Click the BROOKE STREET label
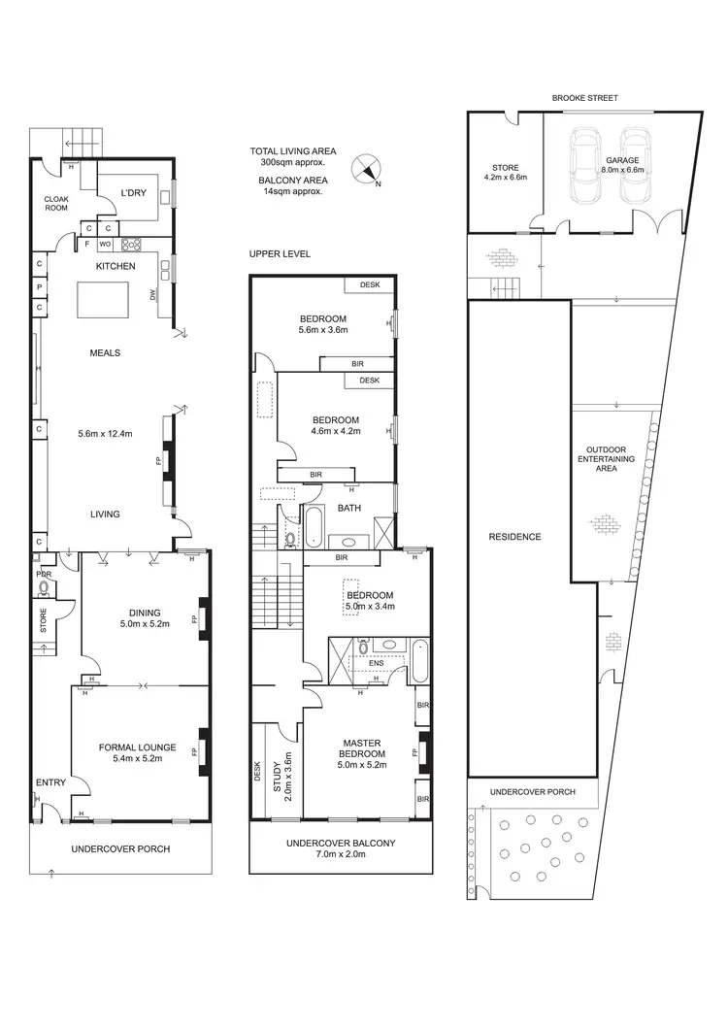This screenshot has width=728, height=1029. (x=584, y=98)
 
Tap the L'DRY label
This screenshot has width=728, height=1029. (x=133, y=192)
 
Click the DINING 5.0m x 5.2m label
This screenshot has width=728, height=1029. (x=144, y=618)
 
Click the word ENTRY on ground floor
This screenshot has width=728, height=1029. (x=50, y=782)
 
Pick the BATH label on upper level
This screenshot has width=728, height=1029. (x=348, y=507)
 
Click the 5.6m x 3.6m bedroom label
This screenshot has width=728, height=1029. (x=323, y=325)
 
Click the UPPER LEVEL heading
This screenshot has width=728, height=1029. (x=279, y=253)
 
